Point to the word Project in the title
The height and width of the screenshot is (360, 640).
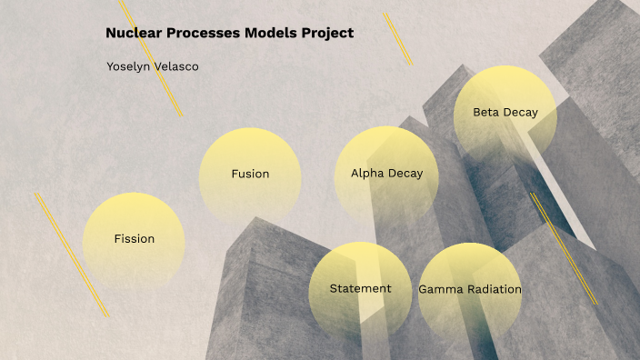tap(329, 33)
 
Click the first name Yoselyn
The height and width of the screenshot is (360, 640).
tap(131, 66)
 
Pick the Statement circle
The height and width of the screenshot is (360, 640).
tap(360, 290)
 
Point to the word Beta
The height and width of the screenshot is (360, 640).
tap(486, 113)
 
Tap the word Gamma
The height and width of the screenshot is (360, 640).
tap(441, 290)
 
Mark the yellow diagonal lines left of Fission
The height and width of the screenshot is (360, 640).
tap(72, 255)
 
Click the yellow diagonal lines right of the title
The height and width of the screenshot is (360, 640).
tap(397, 38)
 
